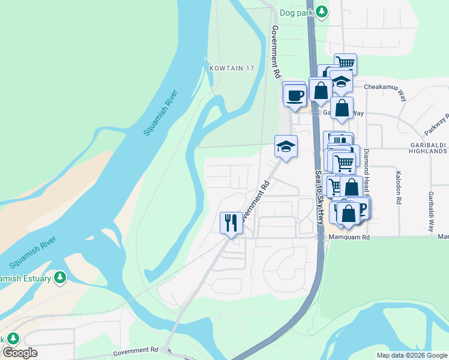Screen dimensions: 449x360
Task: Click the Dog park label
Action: [x=297, y=11]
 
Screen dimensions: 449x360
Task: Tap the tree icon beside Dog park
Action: [x=322, y=11]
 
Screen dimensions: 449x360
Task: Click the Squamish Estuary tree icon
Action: [x=59, y=277]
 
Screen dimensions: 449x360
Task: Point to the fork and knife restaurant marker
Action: [x=231, y=223]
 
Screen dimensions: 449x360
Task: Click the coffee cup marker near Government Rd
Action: [x=295, y=95]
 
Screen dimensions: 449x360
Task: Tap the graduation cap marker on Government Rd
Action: [x=286, y=147]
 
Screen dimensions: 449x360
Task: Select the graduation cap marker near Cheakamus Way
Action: [x=341, y=82]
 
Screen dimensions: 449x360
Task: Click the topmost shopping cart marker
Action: [x=345, y=63]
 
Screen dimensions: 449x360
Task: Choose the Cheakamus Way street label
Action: [x=384, y=86]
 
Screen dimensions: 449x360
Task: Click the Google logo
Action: [x=20, y=353]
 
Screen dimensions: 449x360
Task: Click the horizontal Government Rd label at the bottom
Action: [x=134, y=350]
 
